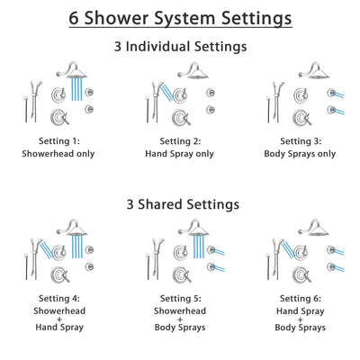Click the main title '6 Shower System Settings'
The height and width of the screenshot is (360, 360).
pyautogui.click(x=180, y=17)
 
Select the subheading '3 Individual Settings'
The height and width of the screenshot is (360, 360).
pyautogui.click(x=180, y=46)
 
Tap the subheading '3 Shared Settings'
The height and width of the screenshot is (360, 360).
pyautogui.click(x=180, y=204)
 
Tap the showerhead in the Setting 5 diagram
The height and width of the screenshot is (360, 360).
pyautogui.click(x=196, y=226)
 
